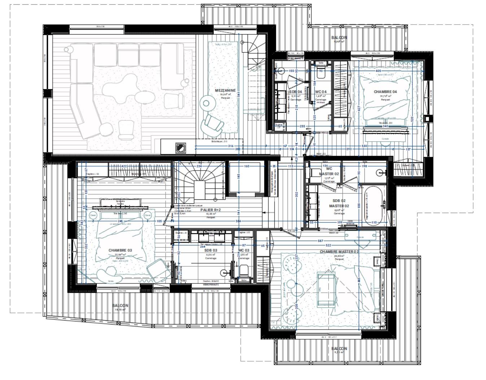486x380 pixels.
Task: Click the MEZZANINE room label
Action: [x=225, y=90]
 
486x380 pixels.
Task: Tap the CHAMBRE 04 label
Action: [x=385, y=92]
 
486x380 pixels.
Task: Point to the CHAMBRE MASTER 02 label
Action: [x=339, y=252]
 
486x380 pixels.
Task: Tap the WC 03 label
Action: [x=244, y=250]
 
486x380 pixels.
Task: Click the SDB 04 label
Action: [x=295, y=92]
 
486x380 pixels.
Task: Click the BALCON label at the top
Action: [x=339, y=37]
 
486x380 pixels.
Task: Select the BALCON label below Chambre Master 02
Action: [x=339, y=349]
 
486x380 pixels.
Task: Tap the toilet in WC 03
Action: [x=244, y=270]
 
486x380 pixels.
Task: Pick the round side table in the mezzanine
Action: [x=206, y=104]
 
